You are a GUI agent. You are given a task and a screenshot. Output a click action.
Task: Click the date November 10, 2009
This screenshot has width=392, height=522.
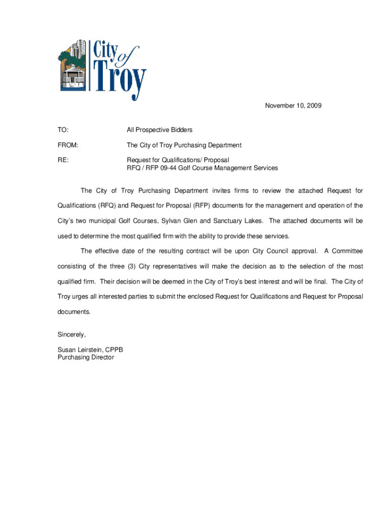[x=293, y=106]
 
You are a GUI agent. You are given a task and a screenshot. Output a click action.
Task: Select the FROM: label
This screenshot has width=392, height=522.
[x=68, y=145]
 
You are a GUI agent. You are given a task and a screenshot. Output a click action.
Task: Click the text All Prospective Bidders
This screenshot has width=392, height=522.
[x=159, y=130]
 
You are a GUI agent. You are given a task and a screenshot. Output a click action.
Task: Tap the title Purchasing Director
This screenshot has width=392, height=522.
[x=86, y=357]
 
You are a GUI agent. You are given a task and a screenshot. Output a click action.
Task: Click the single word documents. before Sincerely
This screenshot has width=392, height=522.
[x=74, y=312]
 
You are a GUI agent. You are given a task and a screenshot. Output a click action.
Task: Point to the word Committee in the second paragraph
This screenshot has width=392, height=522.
[x=347, y=251]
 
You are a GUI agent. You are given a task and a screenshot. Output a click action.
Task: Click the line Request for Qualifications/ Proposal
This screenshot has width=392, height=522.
[x=178, y=160]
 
